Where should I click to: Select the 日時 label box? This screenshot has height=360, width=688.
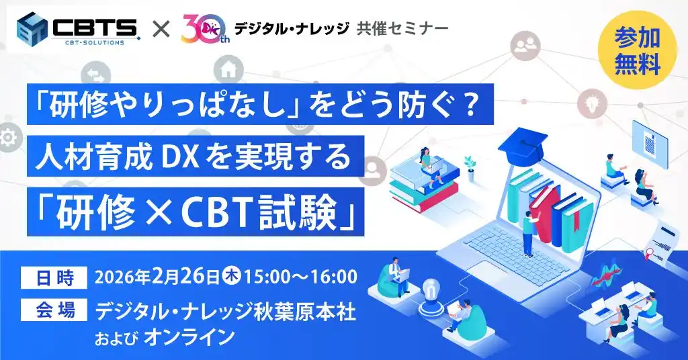54,276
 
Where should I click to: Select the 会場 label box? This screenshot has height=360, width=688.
54,310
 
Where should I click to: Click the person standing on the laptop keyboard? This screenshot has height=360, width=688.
527,232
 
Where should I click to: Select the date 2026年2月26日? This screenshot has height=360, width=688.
157,276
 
